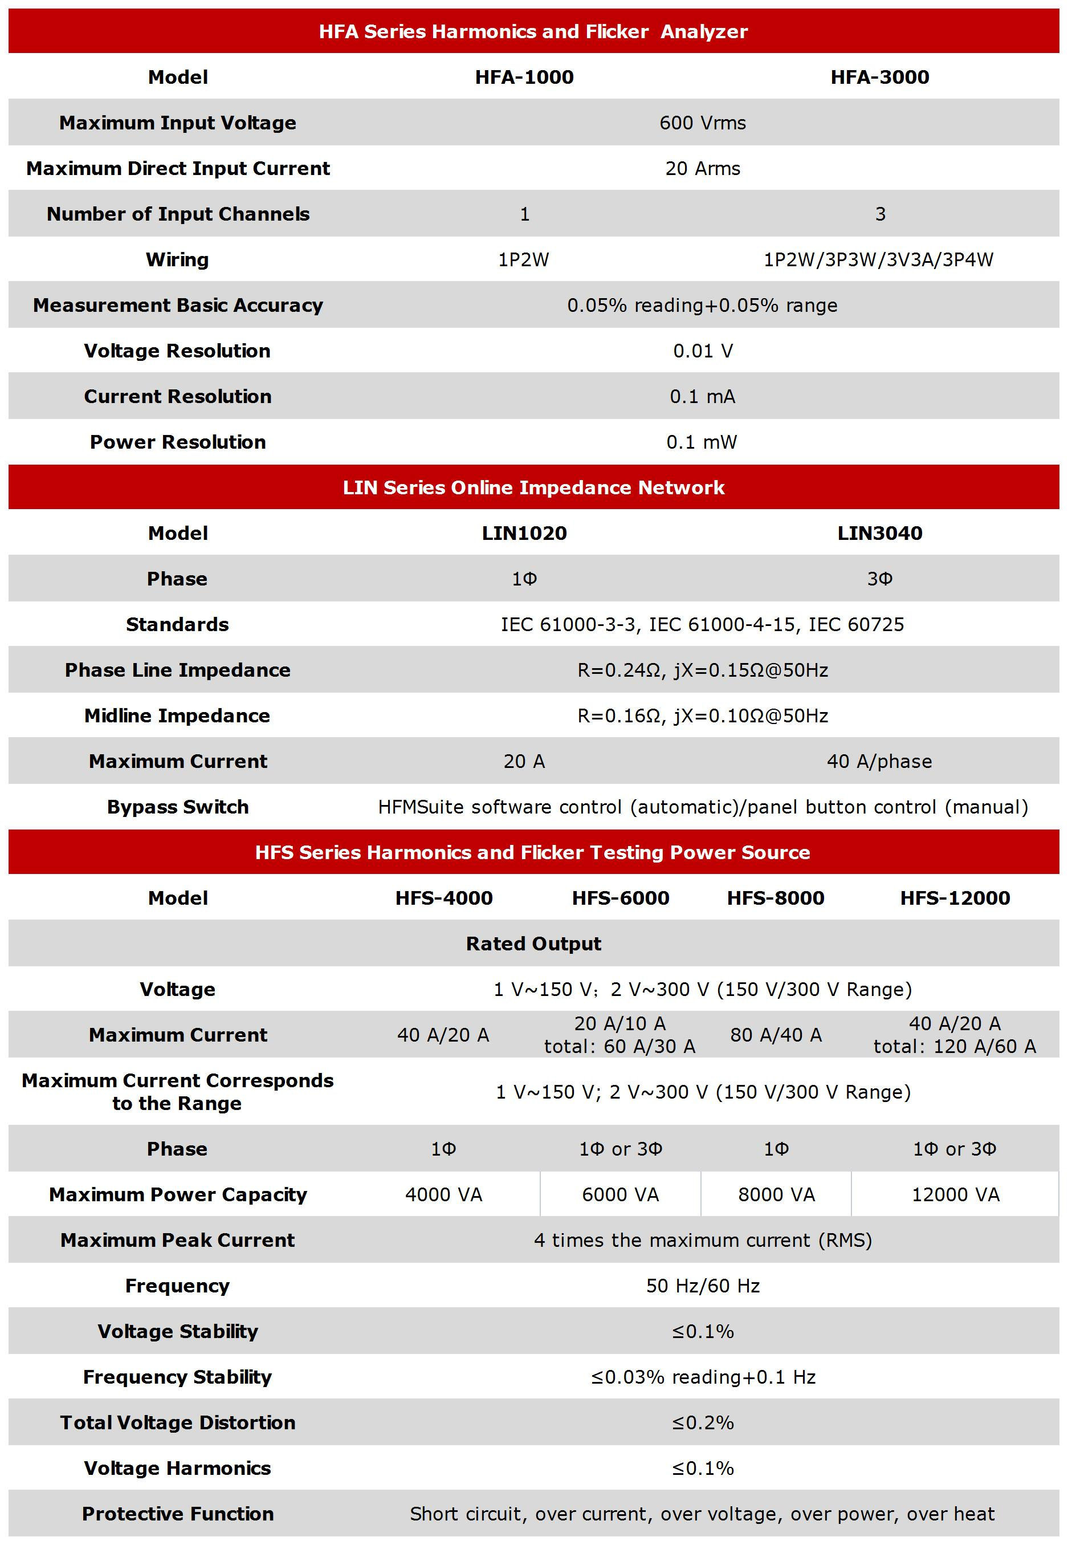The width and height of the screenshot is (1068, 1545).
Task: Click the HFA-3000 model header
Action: pos(879,77)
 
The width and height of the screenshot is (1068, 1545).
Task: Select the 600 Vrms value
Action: pos(702,123)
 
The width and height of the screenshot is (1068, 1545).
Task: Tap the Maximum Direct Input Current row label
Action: pos(178,168)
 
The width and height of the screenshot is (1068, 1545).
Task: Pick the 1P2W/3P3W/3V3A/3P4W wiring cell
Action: pos(879,260)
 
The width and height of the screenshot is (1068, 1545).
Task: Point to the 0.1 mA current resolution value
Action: pos(702,396)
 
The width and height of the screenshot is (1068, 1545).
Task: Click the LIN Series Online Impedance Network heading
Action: pos(533,487)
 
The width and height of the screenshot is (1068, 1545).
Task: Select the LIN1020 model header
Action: pos(524,533)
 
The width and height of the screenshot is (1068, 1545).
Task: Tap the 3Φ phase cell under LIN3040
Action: pos(879,578)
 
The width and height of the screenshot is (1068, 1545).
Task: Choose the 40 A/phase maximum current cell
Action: pos(879,761)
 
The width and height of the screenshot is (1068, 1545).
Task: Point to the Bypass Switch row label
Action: pos(177,807)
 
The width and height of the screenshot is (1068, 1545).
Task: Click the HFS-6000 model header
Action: pos(620,898)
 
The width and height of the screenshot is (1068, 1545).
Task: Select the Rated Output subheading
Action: pos(533,943)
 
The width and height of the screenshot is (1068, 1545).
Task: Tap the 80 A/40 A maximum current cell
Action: pos(776,1035)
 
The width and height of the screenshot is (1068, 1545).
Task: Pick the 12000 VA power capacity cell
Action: pos(955,1194)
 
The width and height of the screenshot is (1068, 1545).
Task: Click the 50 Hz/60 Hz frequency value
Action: pos(703,1285)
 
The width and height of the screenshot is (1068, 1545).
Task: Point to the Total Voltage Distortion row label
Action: pos(177,1422)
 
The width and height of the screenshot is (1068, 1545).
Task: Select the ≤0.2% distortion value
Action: pos(703,1422)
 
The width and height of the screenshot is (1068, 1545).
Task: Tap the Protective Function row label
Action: pos(177,1514)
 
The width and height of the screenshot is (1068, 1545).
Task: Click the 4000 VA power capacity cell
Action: pos(443,1194)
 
